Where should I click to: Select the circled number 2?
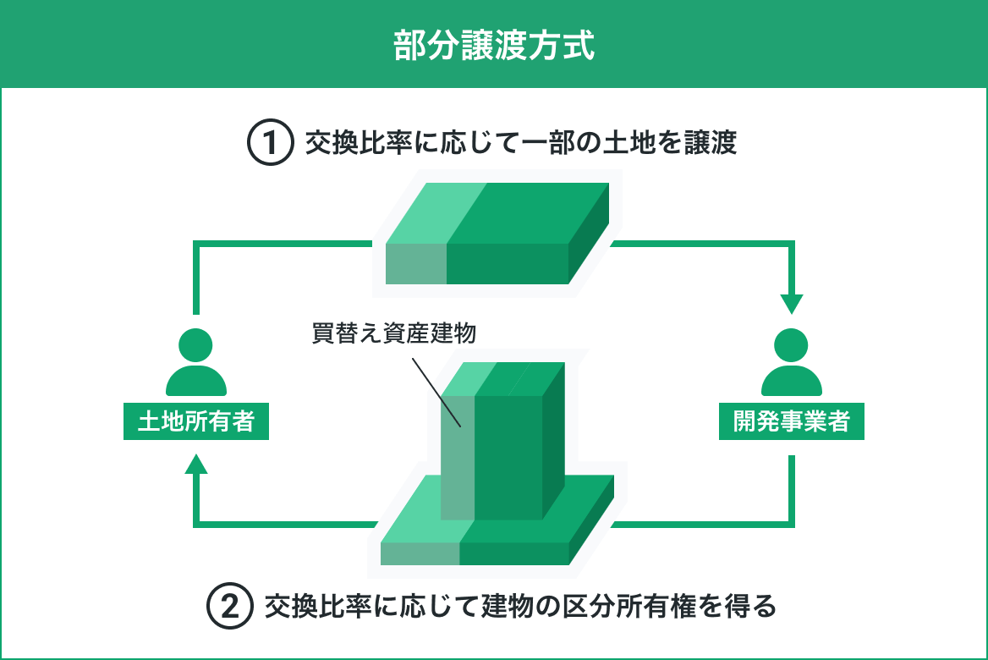[229, 606]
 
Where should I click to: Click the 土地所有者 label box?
[196, 421]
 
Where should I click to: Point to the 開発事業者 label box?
[792, 421]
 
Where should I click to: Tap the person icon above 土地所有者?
[196, 362]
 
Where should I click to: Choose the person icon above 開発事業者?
[792, 362]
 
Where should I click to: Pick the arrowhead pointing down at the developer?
[792, 303]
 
